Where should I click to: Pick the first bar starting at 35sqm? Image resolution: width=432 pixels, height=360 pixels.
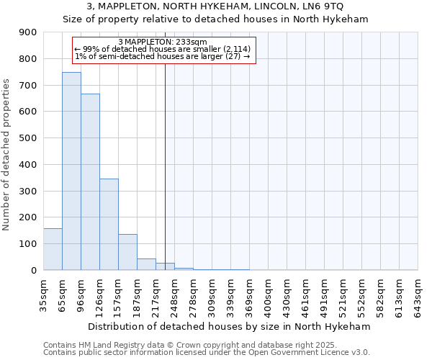tap(53, 249)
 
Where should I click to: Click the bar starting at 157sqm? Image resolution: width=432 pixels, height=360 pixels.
tap(127, 252)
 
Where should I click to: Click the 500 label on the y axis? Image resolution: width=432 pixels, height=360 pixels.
tap(28, 138)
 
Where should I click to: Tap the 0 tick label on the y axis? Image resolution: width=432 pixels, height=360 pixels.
tap(34, 270)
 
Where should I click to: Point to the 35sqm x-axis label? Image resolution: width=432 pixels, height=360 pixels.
tap(44, 293)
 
